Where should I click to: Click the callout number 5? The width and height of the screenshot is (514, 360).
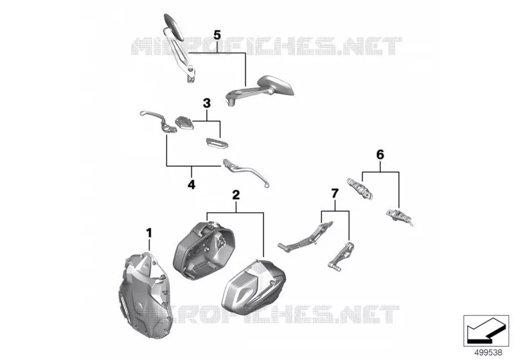[x=217, y=35]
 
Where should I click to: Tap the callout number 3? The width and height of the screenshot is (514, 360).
[x=206, y=104]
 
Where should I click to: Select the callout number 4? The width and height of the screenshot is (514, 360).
[x=191, y=184]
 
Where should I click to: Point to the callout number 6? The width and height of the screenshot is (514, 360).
[x=380, y=154]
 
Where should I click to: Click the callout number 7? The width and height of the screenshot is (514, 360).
[x=335, y=194]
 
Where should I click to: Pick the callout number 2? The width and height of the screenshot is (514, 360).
[x=236, y=195]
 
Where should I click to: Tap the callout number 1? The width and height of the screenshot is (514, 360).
[x=149, y=233]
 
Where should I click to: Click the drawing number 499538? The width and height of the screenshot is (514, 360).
[x=488, y=352]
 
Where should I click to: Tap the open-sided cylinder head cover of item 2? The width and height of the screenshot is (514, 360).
[x=204, y=251]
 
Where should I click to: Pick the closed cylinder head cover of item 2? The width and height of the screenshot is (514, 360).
[x=253, y=286]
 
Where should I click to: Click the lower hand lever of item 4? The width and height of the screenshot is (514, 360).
[x=247, y=172]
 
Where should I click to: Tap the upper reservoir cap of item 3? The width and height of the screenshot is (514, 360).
[x=184, y=122]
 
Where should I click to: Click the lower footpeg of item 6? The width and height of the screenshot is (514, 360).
[x=399, y=217]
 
